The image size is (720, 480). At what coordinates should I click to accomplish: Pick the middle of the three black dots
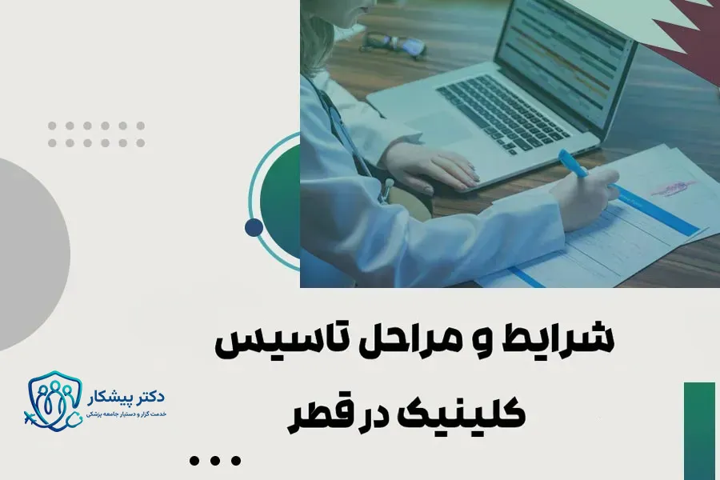[x=215, y=460]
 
